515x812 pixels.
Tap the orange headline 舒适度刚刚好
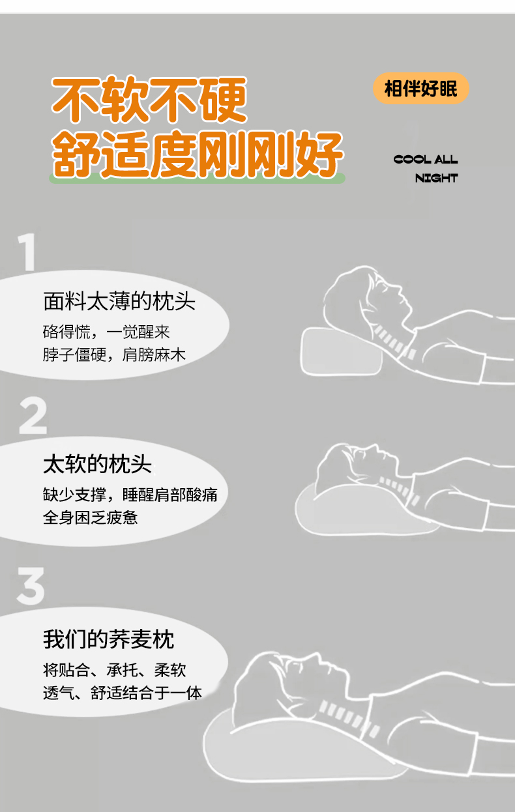click(x=198, y=154)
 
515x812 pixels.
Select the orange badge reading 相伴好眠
click(x=421, y=89)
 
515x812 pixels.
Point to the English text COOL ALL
click(x=426, y=160)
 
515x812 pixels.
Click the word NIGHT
click(x=437, y=178)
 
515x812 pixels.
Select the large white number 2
click(x=33, y=415)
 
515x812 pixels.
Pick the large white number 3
click(x=31, y=586)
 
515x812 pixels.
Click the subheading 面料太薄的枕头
click(x=119, y=301)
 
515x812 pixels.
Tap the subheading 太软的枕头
click(x=97, y=464)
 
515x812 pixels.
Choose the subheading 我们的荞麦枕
click(x=108, y=639)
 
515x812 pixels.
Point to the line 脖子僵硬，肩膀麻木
click(x=114, y=355)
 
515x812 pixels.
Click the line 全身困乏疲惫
click(x=91, y=517)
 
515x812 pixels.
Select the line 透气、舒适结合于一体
click(x=122, y=693)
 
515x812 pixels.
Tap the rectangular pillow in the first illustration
click(x=341, y=351)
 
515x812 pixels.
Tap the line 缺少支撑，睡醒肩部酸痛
click(x=130, y=495)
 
